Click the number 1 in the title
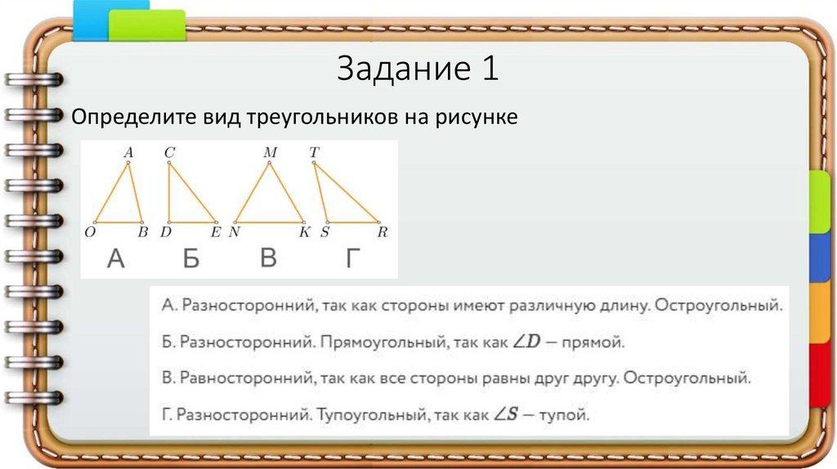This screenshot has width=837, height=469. tap(488, 69)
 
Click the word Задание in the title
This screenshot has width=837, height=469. tap(401, 69)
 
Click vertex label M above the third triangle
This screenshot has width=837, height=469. tap(270, 152)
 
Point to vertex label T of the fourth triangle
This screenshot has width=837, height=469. tap(315, 152)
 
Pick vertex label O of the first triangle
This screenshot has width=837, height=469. tap(90, 233)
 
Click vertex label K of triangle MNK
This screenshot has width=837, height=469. tap(304, 233)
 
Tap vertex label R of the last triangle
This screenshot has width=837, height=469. tap(382, 233)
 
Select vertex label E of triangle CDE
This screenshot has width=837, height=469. tap(217, 233)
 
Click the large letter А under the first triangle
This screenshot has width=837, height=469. tap(116, 260)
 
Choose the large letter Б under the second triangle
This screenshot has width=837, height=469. tap(191, 260)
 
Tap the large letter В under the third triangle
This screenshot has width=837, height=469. tap(268, 260)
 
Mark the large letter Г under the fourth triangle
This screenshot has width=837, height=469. tap(352, 260)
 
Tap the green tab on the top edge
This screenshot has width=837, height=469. tap(147, 25)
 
